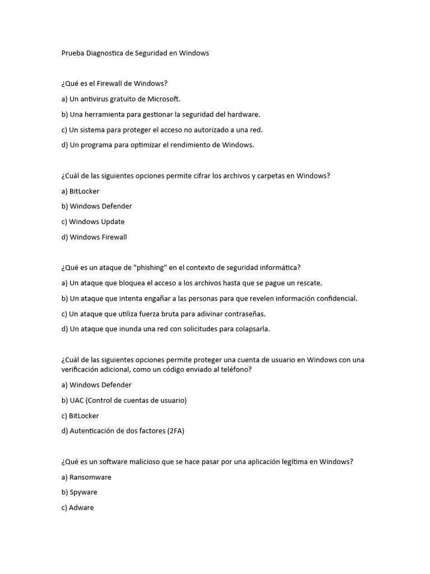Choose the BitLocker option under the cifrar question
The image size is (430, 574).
(84, 191)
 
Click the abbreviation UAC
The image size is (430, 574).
(77, 400)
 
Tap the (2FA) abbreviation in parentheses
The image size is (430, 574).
(175, 431)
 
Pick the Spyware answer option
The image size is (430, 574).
(83, 492)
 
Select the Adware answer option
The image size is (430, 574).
(82, 508)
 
